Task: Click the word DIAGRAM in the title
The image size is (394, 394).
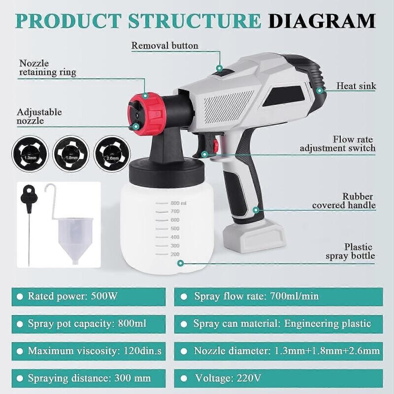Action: coord(322,21)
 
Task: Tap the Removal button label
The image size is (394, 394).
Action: coord(165,46)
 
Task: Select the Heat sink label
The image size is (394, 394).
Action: coord(356,86)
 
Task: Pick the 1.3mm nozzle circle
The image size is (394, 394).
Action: coord(30,154)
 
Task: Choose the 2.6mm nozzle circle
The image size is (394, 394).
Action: coord(112,154)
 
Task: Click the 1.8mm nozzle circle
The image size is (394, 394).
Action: coord(71,154)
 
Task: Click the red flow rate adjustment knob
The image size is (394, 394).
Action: coord(216,145)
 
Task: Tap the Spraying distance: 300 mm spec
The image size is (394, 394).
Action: coord(89,378)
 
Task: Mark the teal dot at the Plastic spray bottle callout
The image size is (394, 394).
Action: coord(180,263)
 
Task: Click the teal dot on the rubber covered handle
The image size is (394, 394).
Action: coord(256,210)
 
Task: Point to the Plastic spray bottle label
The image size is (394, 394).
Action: coord(351,251)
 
